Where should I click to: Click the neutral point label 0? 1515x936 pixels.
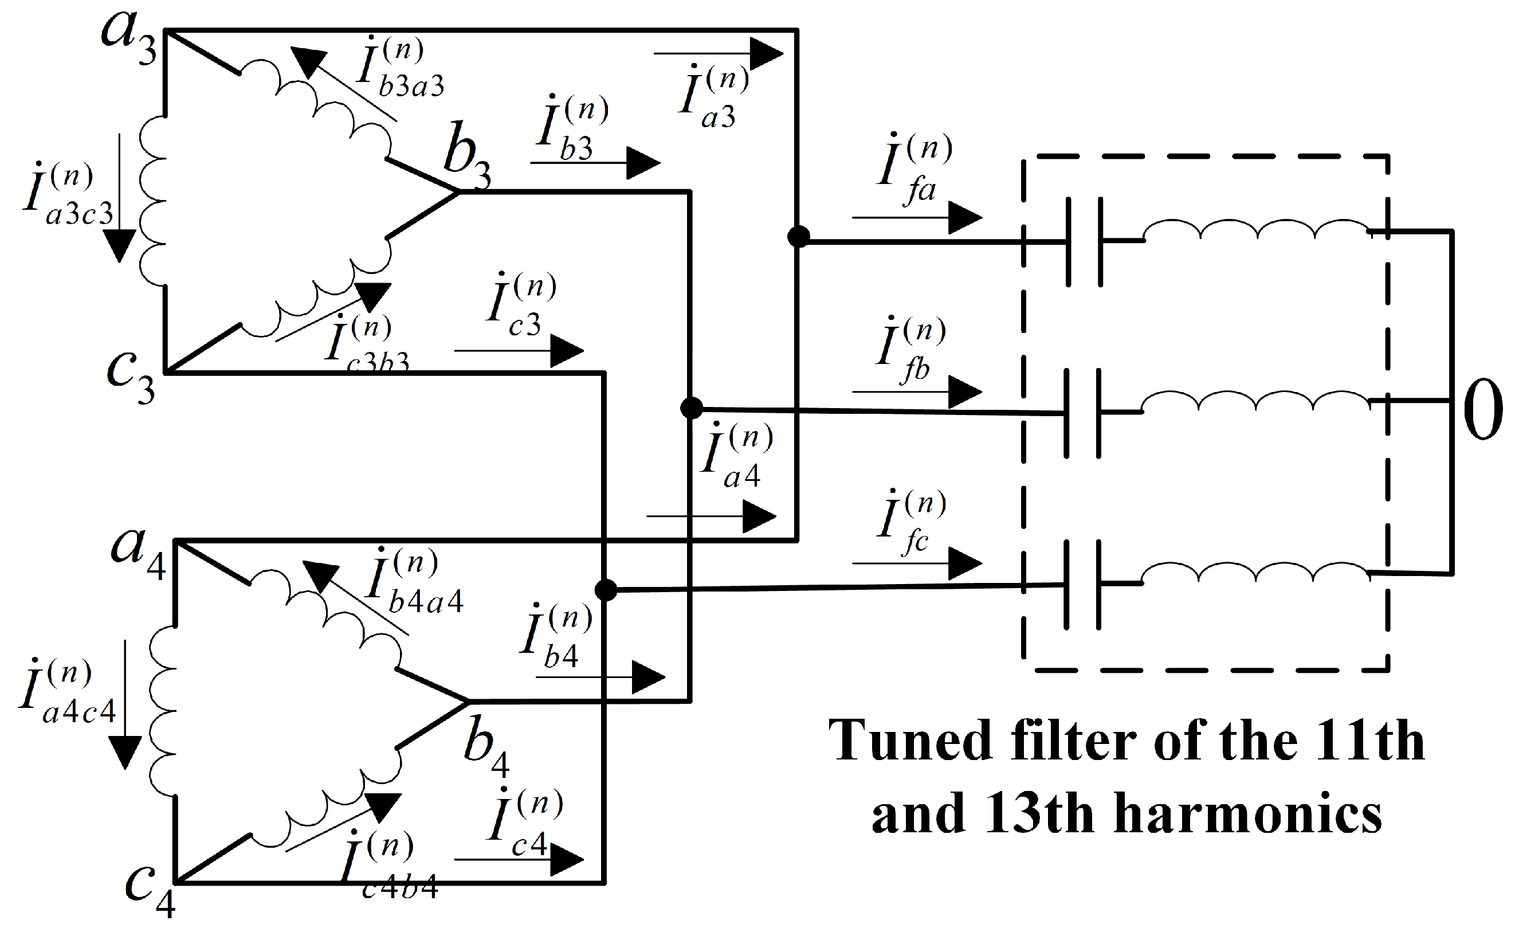coord(1483,409)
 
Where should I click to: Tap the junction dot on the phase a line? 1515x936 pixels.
coord(798,237)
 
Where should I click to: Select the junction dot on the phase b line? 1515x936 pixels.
coord(691,408)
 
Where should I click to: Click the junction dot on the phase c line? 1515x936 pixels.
coord(606,590)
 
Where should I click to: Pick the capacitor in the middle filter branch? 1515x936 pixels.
coord(1082,413)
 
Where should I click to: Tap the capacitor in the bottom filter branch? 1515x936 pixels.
coord(1082,585)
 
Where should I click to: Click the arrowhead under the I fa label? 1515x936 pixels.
coord(965,218)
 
